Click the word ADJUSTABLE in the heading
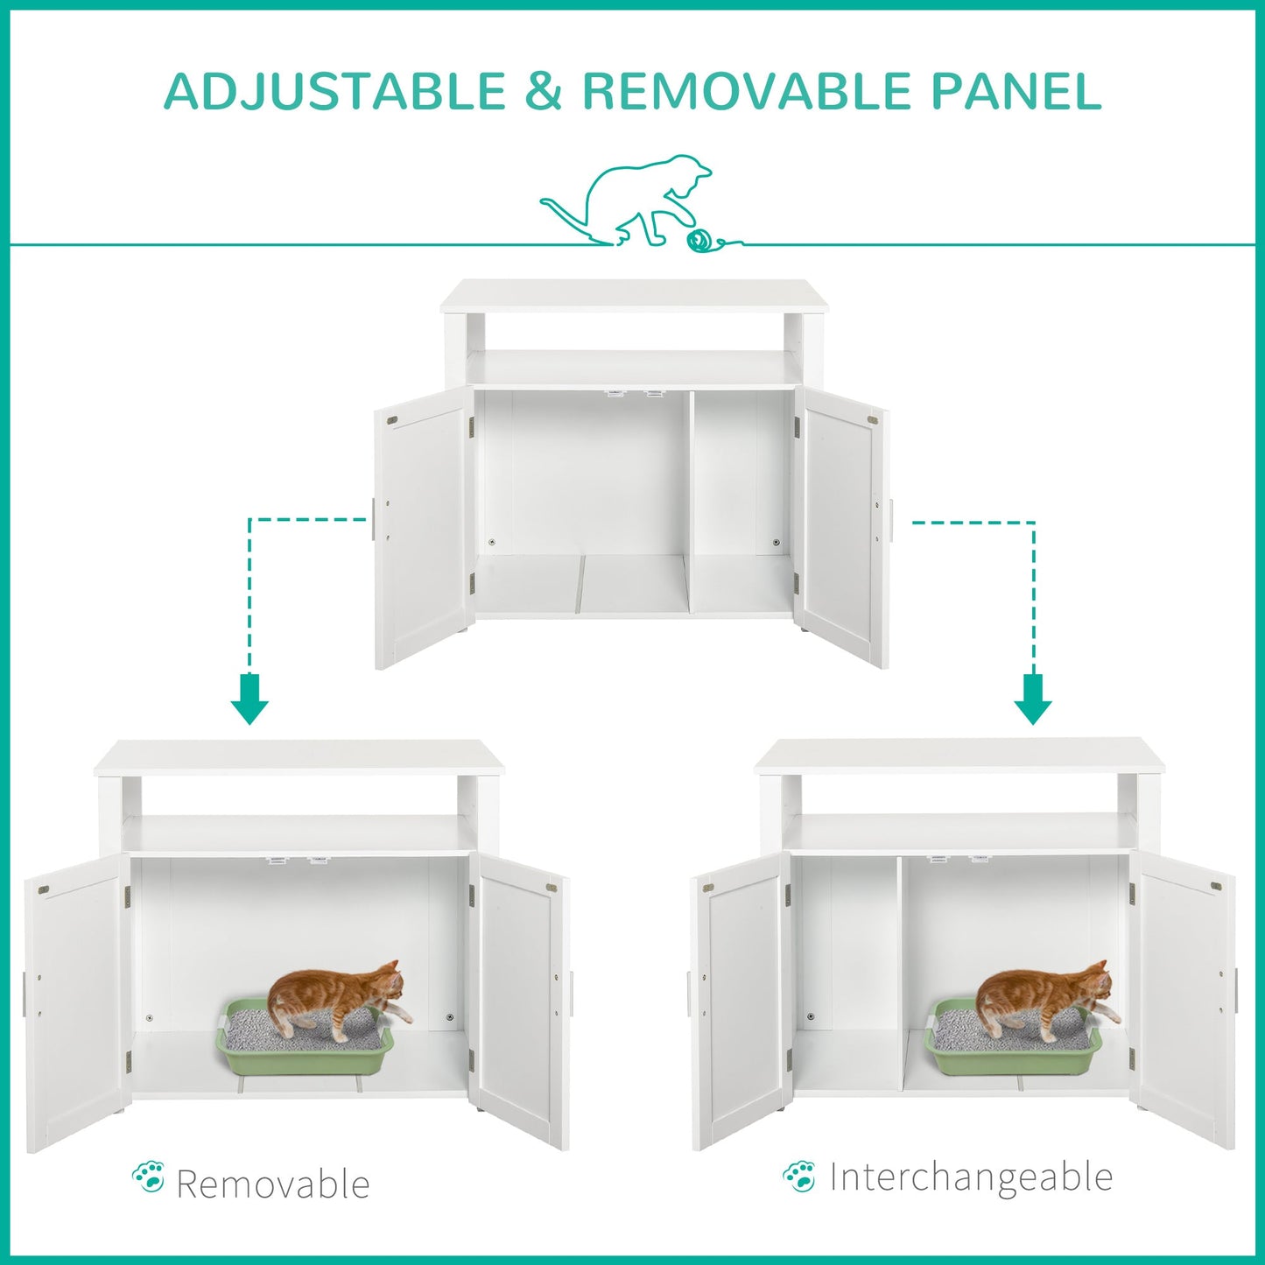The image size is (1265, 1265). pos(335,91)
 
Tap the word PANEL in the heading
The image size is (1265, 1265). pos(1016,91)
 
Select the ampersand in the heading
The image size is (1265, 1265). pos(545,91)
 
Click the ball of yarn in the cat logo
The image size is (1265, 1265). pos(699,241)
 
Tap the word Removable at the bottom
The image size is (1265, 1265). pos(273,1184)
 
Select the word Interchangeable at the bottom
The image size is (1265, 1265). pos(971,1177)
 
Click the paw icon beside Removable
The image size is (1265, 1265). pos(149,1177)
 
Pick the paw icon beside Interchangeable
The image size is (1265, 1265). pos(799,1176)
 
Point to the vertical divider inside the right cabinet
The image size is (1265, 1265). pos(901,972)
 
